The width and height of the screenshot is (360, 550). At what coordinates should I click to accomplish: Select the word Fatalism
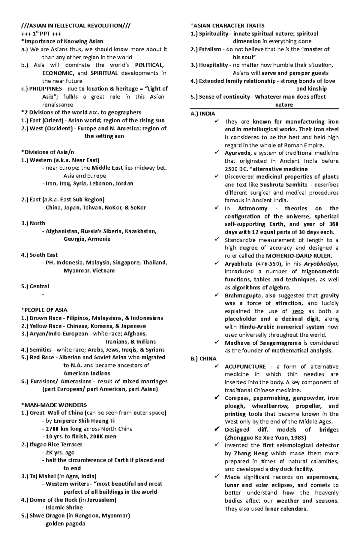pyautogui.click(x=210, y=49)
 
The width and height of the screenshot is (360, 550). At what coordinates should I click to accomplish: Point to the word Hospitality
pyautogui.click(x=213, y=65)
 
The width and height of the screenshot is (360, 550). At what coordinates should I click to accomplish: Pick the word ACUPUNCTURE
pyautogui.click(x=245, y=367)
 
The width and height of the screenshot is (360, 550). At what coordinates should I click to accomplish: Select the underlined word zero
pyautogui.click(x=298, y=311)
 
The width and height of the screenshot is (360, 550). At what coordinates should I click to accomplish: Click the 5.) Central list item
pyautogui.click(x=35, y=286)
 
